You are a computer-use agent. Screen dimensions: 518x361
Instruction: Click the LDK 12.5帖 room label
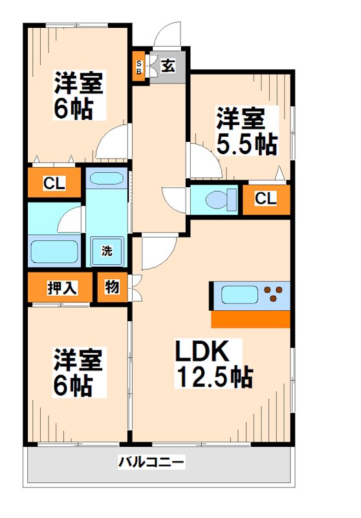pos(213,364)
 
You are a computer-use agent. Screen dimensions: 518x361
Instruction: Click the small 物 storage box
pos(112,287)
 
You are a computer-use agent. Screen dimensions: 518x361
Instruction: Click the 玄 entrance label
pos(167,65)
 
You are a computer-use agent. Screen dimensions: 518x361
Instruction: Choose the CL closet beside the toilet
pos(265,199)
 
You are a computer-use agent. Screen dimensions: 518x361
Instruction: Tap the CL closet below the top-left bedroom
pos(54,183)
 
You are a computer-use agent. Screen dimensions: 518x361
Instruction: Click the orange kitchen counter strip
pos(250,319)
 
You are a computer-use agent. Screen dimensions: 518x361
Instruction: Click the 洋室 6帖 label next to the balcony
pos(72,374)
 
